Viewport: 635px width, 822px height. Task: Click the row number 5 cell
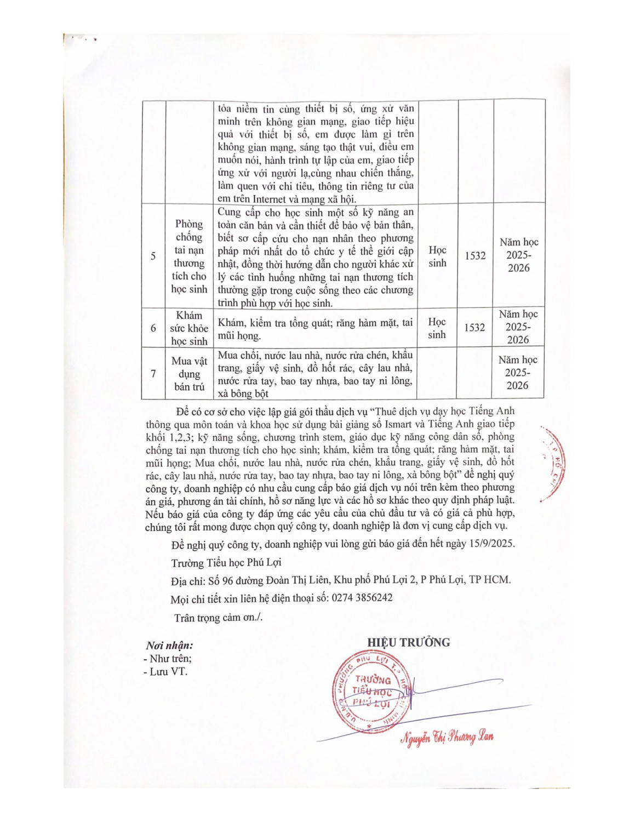click(153, 256)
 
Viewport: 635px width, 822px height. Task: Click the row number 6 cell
click(153, 328)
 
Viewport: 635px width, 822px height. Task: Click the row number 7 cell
click(153, 373)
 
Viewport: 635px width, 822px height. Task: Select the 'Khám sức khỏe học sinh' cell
click(189, 328)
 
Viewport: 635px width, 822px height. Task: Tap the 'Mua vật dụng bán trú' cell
click(189, 373)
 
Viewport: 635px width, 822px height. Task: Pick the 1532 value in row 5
click(475, 256)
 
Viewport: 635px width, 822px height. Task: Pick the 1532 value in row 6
click(474, 328)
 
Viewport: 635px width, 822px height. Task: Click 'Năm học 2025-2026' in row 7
click(518, 373)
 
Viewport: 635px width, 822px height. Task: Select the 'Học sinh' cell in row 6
click(437, 328)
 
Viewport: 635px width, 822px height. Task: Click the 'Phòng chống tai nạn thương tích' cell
click(189, 256)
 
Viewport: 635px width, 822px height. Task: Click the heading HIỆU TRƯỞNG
click(408, 643)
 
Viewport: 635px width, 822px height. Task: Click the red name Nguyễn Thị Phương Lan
click(447, 738)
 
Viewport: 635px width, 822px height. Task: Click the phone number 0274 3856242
click(362, 597)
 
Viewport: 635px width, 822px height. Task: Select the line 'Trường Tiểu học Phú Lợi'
click(226, 563)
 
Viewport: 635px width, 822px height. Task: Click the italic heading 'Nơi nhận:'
click(169, 646)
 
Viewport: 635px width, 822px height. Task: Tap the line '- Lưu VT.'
click(165, 671)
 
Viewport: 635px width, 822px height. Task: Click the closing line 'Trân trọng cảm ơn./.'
click(218, 618)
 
